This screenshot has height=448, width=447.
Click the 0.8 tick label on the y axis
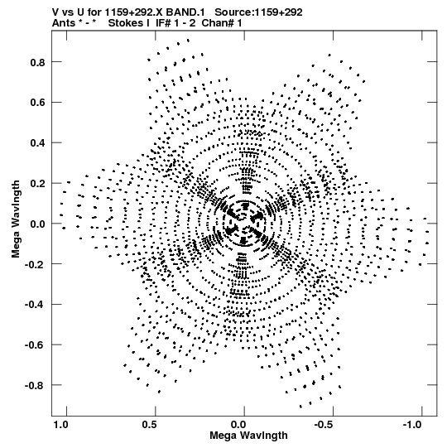pyautogui.click(x=38, y=62)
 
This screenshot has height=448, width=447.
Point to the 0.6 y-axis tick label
pyautogui.click(x=38, y=103)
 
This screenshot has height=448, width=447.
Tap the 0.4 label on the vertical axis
pyautogui.click(x=38, y=143)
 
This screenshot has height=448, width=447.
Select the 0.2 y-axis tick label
pyautogui.click(x=38, y=183)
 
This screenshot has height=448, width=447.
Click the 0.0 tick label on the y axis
pyautogui.click(x=38, y=224)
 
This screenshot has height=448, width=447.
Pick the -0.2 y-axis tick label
pyautogui.click(x=35, y=264)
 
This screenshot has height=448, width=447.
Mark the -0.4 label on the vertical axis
pyautogui.click(x=35, y=305)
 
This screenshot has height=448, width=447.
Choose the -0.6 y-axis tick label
pyautogui.click(x=35, y=344)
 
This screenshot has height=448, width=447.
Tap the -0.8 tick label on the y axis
pyautogui.click(x=35, y=385)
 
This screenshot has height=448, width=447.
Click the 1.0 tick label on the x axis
pyautogui.click(x=60, y=425)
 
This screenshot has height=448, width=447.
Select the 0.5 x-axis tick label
pyautogui.click(x=149, y=425)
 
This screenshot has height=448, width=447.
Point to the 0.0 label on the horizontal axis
pyautogui.click(x=238, y=425)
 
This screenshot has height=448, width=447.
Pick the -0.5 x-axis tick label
pyautogui.click(x=324, y=425)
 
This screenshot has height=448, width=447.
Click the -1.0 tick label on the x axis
pyautogui.click(x=413, y=425)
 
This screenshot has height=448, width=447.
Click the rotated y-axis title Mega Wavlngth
pyautogui.click(x=16, y=219)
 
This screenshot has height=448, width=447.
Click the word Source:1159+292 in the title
pyautogui.click(x=258, y=12)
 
